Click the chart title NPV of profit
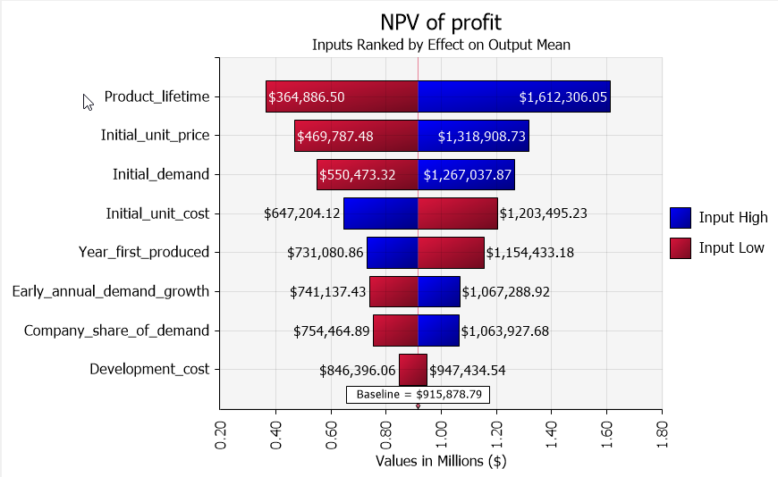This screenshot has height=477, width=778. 441,21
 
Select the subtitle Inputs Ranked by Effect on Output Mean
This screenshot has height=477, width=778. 441,44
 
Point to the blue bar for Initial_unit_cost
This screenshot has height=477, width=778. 380,213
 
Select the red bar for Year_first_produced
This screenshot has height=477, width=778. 451,253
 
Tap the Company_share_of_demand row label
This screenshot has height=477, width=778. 116,331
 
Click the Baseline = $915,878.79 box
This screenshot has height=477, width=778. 419,394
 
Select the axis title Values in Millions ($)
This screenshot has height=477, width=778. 441,461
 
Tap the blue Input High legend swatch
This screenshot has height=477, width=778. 681,217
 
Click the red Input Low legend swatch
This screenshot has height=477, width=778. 681,247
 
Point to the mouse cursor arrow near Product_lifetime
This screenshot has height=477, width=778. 88,102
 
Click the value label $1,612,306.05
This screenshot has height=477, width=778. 562,97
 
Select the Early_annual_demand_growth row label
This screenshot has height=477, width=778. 111,291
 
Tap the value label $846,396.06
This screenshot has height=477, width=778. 357,370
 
